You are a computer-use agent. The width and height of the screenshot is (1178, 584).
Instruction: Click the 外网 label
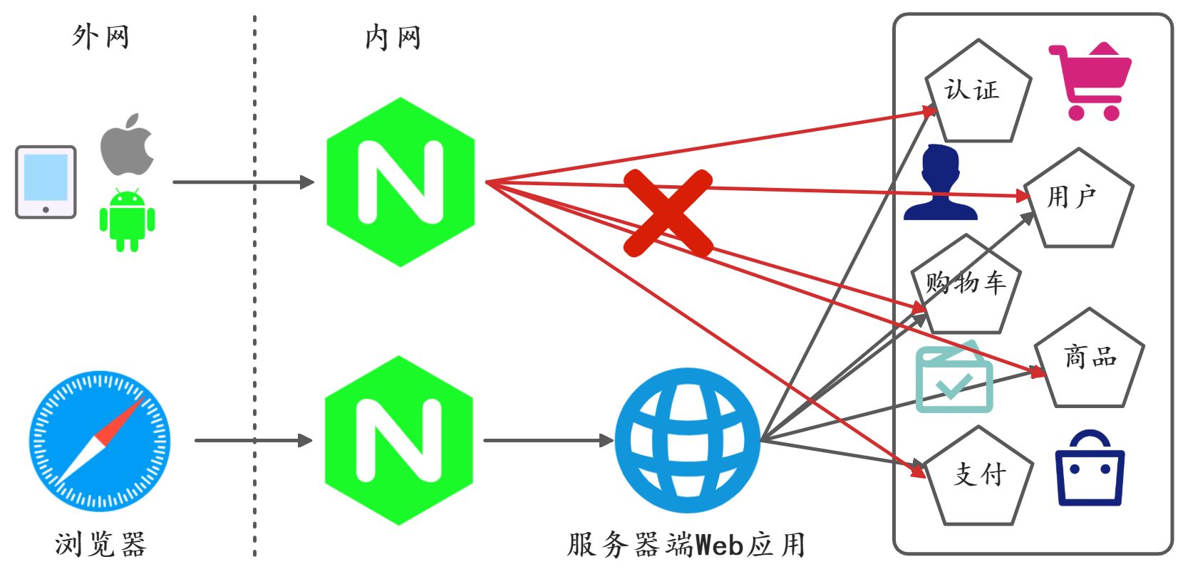[x=100, y=36]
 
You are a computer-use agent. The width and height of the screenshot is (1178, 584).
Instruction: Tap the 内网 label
[x=393, y=37]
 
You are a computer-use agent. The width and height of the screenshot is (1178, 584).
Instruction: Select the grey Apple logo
[x=127, y=145]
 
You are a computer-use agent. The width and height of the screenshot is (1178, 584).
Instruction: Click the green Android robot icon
[x=127, y=220]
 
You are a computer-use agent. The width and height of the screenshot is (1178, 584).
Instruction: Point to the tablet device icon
[x=46, y=182]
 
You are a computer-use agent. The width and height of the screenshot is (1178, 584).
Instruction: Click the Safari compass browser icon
[x=99, y=440]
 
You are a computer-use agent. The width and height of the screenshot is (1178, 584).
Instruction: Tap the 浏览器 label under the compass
[x=100, y=545]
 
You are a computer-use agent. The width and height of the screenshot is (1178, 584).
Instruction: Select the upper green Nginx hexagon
[x=401, y=182]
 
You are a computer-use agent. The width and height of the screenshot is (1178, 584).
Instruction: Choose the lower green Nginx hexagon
[x=399, y=441]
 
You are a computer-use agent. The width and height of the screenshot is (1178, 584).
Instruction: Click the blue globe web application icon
[x=688, y=440]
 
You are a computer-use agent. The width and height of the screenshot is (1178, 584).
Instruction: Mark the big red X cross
[x=668, y=213]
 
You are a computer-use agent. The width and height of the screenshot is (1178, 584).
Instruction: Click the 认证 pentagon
[x=978, y=93]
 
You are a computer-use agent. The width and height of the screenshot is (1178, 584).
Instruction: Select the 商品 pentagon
[x=1089, y=360]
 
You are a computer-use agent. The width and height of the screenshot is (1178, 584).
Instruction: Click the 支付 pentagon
[x=979, y=477]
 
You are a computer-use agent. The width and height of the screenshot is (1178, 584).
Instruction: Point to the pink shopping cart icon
[x=1089, y=81]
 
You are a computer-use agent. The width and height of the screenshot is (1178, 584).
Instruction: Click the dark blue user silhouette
[x=940, y=183]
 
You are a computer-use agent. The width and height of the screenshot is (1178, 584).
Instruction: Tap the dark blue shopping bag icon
[x=1090, y=469]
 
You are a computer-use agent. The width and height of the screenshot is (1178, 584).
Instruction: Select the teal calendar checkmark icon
[x=954, y=379]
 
